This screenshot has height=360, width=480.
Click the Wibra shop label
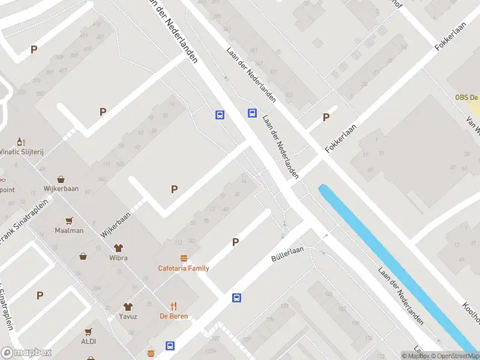click(x=118, y=258)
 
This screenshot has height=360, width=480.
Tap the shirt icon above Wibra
click(x=118, y=247)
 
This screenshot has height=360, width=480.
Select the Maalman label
click(x=69, y=230)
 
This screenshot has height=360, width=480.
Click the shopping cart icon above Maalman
click(x=69, y=220)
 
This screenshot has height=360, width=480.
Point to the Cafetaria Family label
click(x=184, y=268)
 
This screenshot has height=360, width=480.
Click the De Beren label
click(x=173, y=316)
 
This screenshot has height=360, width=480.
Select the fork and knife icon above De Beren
click(x=173, y=305)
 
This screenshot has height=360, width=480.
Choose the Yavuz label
click(x=128, y=317)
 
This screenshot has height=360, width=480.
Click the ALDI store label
click(x=88, y=341)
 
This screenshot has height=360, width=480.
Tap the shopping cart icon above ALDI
click(x=88, y=331)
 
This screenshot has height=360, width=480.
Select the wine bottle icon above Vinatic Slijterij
click(x=21, y=142)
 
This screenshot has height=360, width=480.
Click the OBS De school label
click(x=466, y=98)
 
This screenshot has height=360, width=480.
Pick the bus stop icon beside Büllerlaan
click(x=237, y=297)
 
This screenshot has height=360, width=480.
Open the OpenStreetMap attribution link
click(x=455, y=356)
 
